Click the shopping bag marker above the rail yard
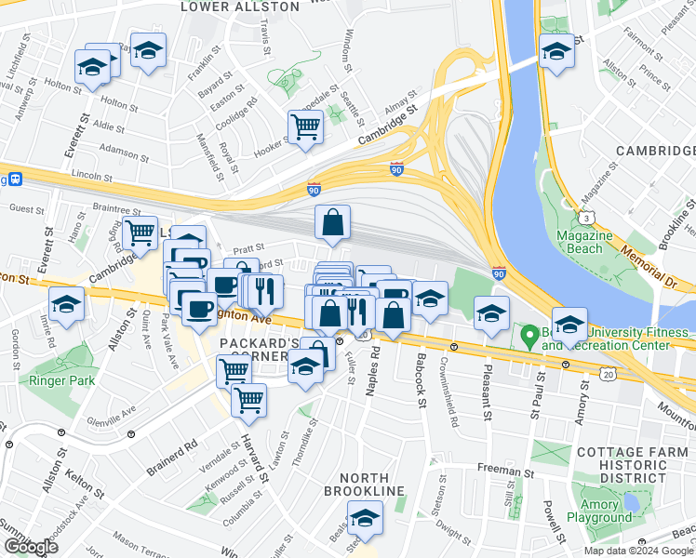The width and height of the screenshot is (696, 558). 332,223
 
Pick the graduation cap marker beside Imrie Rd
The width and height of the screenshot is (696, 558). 66,304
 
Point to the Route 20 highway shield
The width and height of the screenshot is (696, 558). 608,373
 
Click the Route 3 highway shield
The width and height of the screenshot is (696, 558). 587,218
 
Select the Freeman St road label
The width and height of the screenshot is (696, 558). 507,472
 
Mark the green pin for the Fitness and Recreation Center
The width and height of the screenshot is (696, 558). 530,337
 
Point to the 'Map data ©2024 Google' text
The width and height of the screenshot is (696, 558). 638,551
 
